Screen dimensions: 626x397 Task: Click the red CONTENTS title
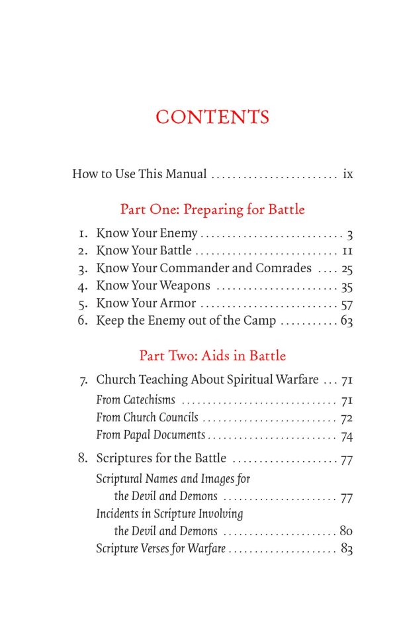pyautogui.click(x=212, y=117)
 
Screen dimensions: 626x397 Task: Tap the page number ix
pyautogui.click(x=347, y=175)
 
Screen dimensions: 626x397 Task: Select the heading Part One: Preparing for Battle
pyautogui.click(x=212, y=210)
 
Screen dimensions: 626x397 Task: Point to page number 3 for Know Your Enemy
pyautogui.click(x=349, y=234)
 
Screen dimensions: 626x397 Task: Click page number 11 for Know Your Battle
pyautogui.click(x=347, y=251)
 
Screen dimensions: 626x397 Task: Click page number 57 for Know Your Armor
pyautogui.click(x=347, y=304)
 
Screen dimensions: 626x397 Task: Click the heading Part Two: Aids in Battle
pyautogui.click(x=212, y=356)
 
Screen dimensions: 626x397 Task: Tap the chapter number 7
pyautogui.click(x=83, y=381)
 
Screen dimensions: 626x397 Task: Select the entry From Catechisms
pyautogui.click(x=136, y=400)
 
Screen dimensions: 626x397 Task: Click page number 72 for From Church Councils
pyautogui.click(x=347, y=419)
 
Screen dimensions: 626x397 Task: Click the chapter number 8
pyautogui.click(x=83, y=458)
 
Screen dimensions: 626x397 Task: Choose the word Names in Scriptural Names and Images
pyautogui.click(x=163, y=478)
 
